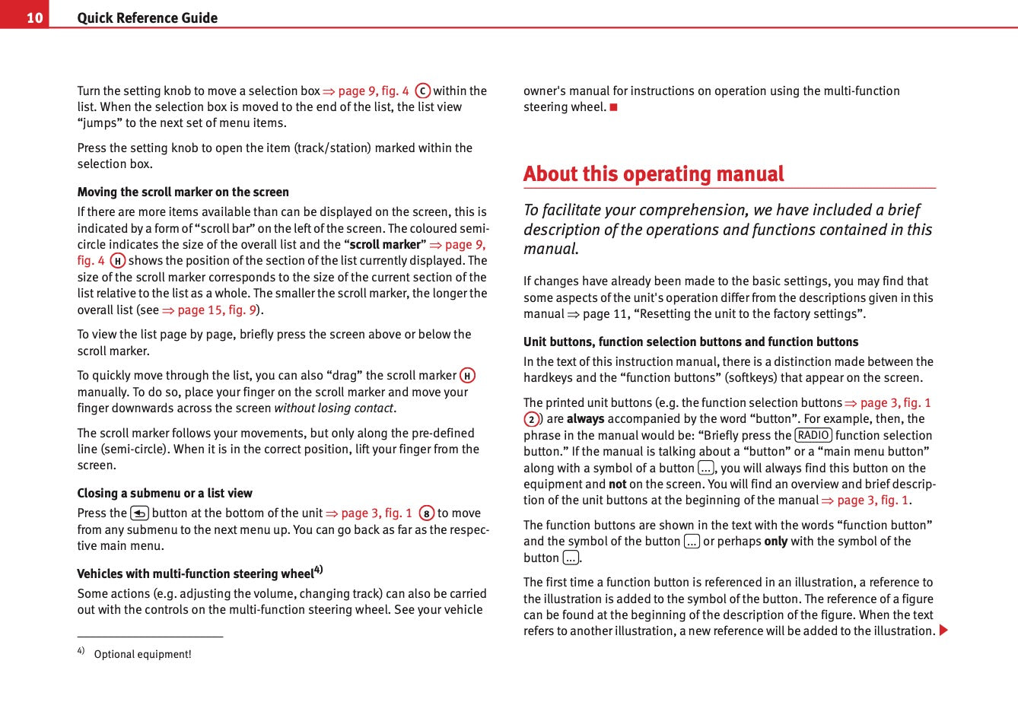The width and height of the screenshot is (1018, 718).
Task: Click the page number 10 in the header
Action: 34,17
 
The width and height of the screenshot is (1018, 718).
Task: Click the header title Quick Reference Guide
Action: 147,17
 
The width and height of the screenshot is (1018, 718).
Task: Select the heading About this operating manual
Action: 653,174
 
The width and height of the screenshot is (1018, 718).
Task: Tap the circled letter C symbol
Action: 422,91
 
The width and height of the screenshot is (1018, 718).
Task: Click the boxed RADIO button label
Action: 813,435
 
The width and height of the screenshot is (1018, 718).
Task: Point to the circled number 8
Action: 426,513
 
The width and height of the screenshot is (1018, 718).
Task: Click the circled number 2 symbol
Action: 531,419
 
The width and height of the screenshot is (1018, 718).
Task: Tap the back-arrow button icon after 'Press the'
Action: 139,513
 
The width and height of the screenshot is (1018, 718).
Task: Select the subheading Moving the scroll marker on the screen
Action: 183,192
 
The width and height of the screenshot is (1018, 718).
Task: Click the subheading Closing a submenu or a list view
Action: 164,493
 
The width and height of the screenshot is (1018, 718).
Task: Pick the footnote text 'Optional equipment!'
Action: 142,654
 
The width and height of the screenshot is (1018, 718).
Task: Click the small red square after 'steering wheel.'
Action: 613,107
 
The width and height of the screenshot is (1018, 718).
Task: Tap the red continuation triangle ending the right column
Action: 943,631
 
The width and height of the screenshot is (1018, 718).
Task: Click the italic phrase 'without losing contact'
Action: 333,408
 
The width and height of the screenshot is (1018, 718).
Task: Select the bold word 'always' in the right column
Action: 585,418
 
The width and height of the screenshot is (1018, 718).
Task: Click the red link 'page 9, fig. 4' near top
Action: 373,91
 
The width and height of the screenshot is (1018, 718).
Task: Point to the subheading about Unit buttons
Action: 690,342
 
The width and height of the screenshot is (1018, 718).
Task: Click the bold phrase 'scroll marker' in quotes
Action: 385,245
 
